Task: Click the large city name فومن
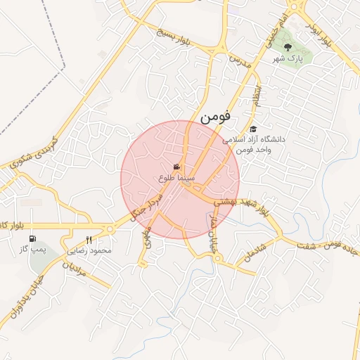(215, 117)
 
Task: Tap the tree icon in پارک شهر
(288, 47)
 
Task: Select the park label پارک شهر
(289, 60)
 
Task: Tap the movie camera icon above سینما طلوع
(176, 167)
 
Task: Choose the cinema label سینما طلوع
(176, 179)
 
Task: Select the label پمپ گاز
(33, 250)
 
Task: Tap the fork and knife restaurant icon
(89, 240)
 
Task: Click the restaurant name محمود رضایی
(91, 250)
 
